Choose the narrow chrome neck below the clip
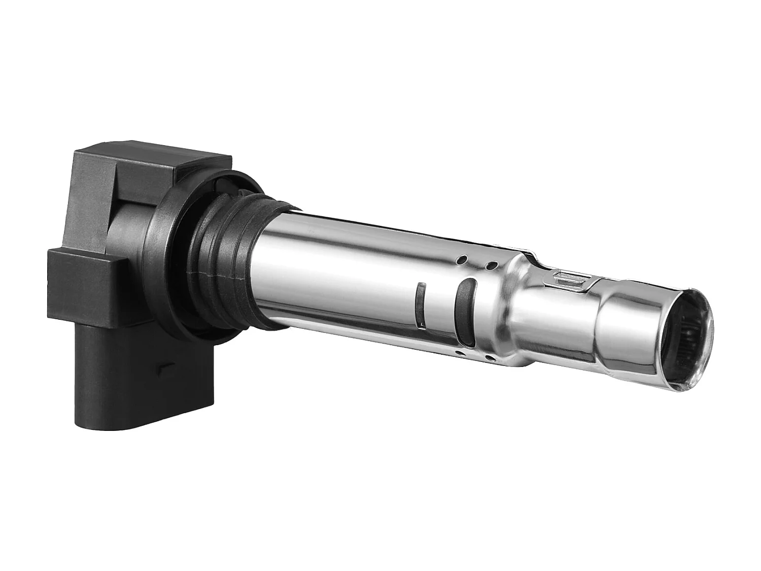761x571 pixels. point(558,325)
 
